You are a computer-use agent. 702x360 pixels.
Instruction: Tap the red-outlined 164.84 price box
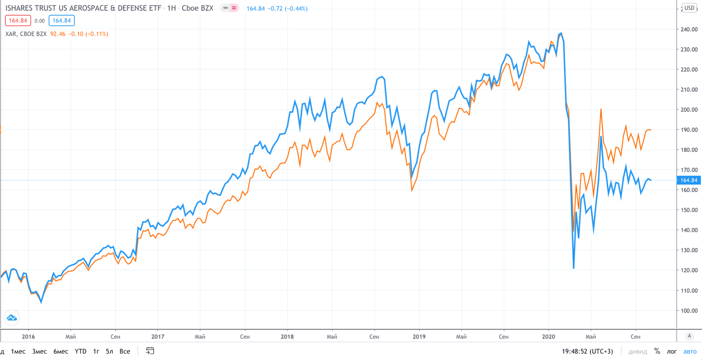(18, 21)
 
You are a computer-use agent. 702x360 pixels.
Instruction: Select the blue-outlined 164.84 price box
(61, 21)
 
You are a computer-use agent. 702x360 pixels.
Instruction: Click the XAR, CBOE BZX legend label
(26, 34)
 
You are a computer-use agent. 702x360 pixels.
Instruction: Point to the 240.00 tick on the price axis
(689, 30)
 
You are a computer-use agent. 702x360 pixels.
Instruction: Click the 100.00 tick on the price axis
(689, 310)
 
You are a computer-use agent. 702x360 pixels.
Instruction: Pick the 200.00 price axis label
(689, 110)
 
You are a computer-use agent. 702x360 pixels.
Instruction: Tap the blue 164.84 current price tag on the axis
(689, 180)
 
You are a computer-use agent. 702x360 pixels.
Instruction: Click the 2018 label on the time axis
(287, 337)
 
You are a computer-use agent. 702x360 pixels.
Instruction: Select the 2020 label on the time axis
(548, 337)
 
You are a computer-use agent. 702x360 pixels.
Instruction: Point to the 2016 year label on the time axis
(29, 337)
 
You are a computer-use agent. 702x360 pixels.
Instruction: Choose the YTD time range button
(80, 351)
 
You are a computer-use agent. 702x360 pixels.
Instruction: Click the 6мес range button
(61, 351)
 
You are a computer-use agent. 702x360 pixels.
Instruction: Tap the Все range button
(124, 351)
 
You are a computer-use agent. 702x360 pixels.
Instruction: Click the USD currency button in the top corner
(689, 8)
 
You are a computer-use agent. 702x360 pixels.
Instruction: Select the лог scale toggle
(671, 351)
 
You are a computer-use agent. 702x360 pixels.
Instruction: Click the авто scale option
(690, 351)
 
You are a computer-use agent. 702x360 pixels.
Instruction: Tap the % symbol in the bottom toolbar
(657, 351)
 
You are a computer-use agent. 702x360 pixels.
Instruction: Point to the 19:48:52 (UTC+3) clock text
(587, 351)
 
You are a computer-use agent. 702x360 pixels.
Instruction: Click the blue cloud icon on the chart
(12, 318)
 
